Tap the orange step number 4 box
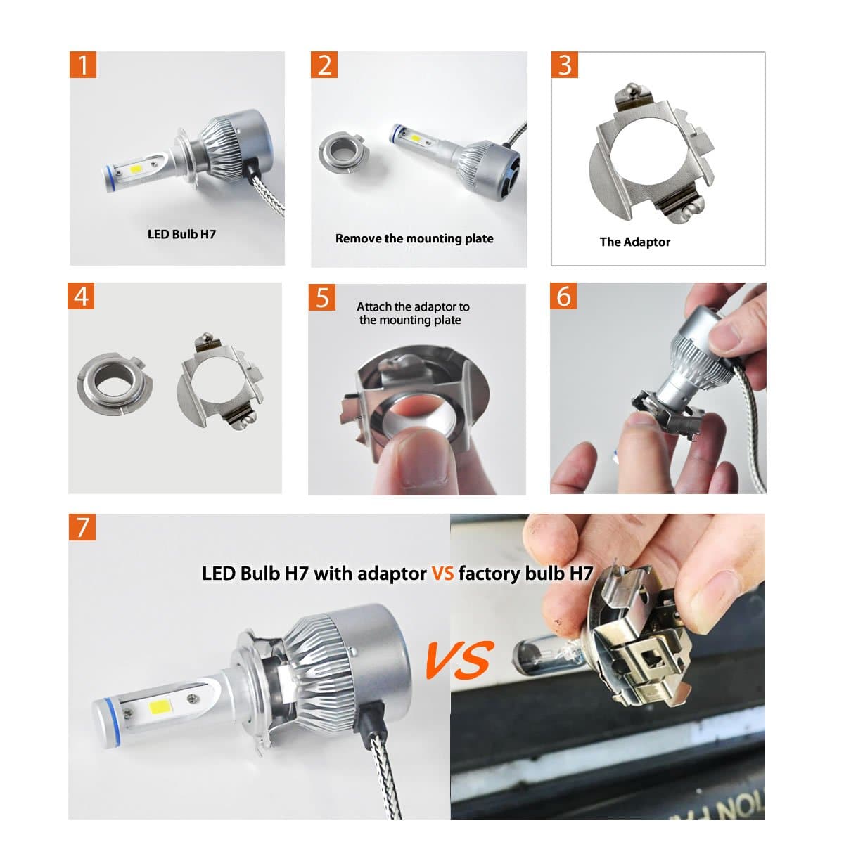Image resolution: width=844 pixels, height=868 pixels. click(82, 296)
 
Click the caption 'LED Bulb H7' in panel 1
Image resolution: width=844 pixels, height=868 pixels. click(181, 234)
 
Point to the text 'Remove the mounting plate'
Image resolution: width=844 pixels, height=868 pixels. click(414, 238)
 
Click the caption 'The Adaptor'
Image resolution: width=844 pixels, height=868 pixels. click(634, 242)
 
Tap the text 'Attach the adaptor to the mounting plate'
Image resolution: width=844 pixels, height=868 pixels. click(413, 313)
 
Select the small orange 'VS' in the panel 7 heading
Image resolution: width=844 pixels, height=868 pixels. click(442, 574)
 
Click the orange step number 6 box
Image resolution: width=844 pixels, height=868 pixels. click(564, 296)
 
